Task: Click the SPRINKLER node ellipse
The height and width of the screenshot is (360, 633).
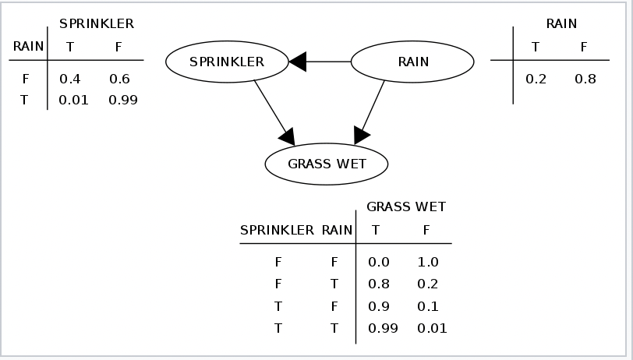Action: click(227, 62)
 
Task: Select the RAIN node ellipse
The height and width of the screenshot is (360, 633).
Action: click(412, 62)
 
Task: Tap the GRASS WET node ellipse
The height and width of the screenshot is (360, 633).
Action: click(327, 164)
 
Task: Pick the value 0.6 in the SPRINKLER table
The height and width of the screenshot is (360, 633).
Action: click(118, 79)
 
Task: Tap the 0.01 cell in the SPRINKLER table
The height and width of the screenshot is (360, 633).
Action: click(73, 100)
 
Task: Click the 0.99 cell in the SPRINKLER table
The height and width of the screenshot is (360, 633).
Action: click(122, 100)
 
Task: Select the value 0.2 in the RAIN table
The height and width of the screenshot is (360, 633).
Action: click(536, 79)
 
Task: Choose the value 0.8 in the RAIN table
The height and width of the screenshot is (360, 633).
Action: click(584, 79)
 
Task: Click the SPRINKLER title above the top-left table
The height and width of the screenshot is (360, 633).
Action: click(97, 23)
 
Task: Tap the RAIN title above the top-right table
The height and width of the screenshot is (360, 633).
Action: click(561, 23)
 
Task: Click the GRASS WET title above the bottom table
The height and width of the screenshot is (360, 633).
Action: click(405, 206)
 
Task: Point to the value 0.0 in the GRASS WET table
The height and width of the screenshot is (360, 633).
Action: click(378, 263)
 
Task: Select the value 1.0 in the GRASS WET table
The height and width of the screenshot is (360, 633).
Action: click(428, 263)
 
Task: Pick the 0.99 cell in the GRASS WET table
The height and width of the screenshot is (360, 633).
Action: click(382, 328)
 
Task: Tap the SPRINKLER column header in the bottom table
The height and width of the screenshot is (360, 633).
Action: click(277, 230)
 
